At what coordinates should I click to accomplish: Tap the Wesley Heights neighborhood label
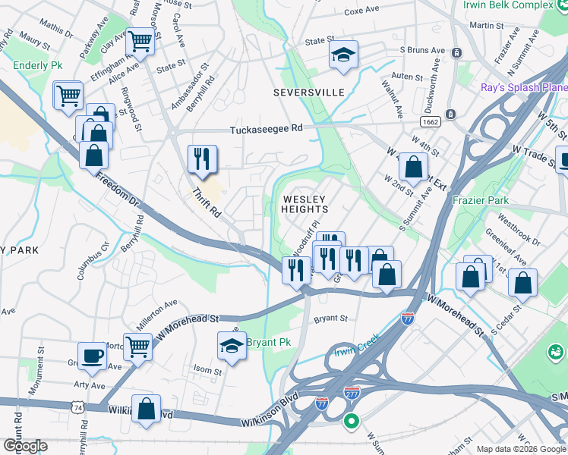point(305,203)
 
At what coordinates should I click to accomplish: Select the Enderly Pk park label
point(37,66)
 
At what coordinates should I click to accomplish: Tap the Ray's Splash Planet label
point(523,86)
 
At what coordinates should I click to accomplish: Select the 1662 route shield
point(428,122)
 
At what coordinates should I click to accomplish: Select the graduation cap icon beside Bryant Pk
point(232,345)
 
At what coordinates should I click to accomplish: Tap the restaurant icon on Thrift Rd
point(202,158)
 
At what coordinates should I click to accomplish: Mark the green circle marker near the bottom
point(351,421)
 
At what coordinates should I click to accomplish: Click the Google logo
point(26,446)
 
